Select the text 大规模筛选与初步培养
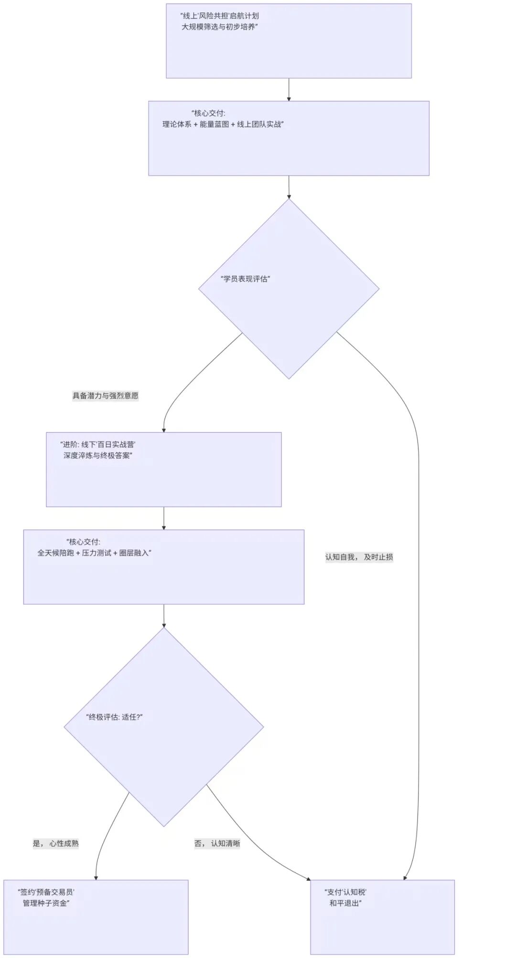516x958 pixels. click(219, 27)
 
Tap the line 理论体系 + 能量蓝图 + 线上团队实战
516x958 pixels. click(223, 125)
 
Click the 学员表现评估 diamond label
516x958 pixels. click(246, 279)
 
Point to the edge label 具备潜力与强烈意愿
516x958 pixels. click(105, 396)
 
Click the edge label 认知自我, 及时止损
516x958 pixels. click(359, 557)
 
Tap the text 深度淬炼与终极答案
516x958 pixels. click(97, 455)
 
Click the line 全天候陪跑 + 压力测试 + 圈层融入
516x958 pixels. click(94, 553)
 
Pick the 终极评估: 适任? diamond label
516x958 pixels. click(115, 717)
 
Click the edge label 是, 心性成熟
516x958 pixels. click(55, 843)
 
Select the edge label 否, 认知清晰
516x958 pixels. click(217, 843)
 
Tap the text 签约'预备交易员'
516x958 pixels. click(46, 892)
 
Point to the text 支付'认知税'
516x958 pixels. click(345, 892)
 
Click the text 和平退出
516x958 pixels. click(345, 903)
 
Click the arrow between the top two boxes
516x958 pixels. click(289, 90)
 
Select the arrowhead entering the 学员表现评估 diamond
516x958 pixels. click(289, 196)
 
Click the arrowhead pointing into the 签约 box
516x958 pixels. click(96, 877)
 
